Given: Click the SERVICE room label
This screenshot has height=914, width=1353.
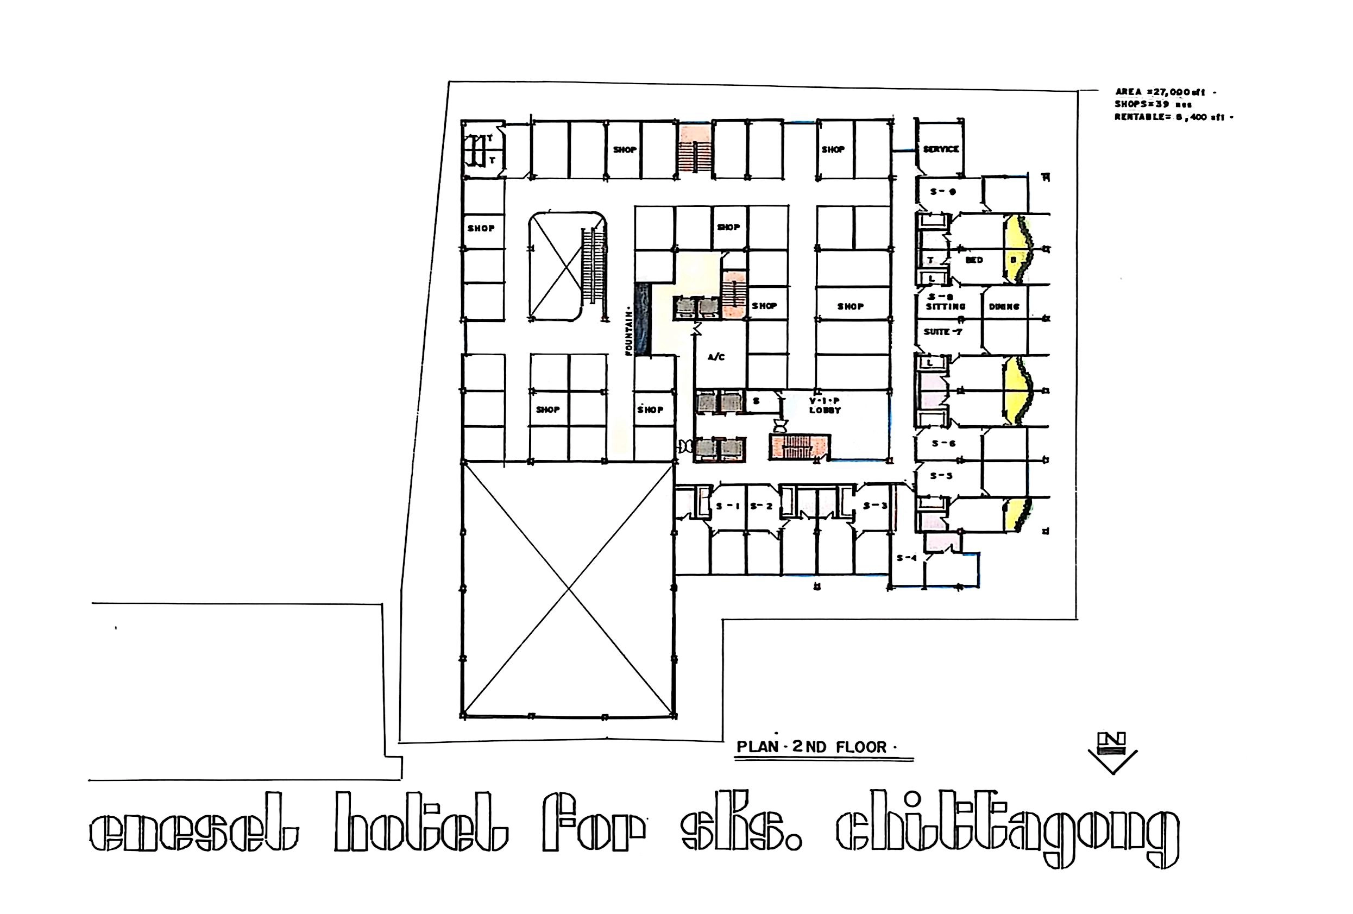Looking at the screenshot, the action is (x=941, y=149).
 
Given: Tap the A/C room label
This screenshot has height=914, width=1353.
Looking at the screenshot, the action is (x=716, y=357).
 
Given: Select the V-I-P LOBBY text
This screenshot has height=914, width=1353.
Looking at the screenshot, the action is (x=825, y=405).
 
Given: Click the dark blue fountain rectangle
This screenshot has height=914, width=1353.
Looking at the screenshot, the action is (x=641, y=319).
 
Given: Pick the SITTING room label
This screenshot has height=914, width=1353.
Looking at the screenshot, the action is (x=946, y=306).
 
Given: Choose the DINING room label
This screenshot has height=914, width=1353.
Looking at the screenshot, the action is (x=1004, y=307).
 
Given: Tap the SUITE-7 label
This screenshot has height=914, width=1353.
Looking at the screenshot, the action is (x=942, y=332).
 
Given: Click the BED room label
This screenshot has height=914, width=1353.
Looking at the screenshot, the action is (x=974, y=260).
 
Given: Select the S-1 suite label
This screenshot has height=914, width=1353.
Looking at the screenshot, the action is (x=727, y=506).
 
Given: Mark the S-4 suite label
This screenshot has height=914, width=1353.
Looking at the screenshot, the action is (x=907, y=558).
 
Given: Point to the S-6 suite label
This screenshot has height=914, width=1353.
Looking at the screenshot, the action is (x=943, y=443).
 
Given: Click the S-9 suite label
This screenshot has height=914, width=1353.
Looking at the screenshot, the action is (x=942, y=192).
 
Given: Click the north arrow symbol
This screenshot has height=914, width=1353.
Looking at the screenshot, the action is (x=1112, y=752).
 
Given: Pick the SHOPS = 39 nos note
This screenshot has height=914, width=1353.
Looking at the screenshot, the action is (x=1153, y=104).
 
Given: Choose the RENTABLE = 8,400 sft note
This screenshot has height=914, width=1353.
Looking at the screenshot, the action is (x=1173, y=117).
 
